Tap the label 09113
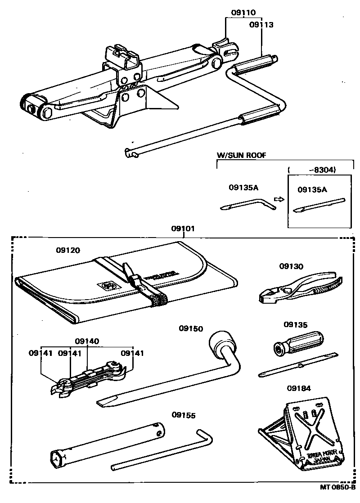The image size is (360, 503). click(261, 25)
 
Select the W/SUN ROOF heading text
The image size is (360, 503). click(241, 155)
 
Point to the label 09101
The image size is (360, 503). click(183, 229)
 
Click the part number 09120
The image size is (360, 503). click(68, 250)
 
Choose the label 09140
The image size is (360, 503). click(87, 341)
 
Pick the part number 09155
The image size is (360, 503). click(184, 415)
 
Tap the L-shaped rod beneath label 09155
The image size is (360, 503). click(166, 450)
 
